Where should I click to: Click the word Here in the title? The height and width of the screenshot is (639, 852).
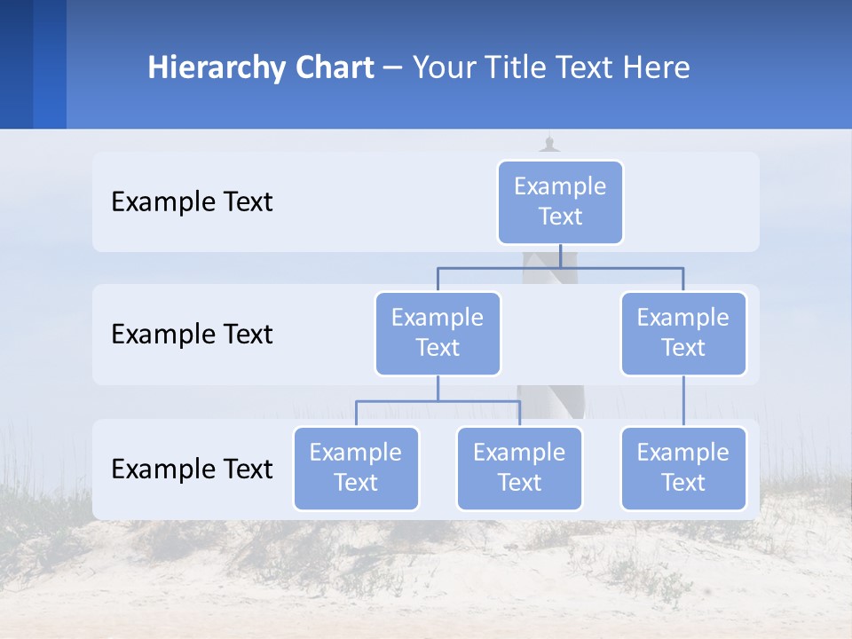[656, 68]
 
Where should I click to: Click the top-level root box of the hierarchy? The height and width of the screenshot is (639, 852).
[560, 201]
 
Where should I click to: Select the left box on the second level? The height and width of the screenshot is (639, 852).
[438, 333]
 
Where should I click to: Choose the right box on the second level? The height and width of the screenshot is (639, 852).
[683, 333]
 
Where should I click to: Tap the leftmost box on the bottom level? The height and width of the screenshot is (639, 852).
[356, 468]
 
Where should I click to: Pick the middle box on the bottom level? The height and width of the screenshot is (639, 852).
[519, 468]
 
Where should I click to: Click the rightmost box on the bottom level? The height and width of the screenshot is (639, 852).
[683, 468]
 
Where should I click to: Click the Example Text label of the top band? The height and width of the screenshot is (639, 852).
[192, 202]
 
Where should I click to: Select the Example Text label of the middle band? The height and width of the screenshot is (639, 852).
[192, 335]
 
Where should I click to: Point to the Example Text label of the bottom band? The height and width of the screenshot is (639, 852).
[192, 469]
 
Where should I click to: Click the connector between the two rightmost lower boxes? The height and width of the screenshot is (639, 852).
[683, 401]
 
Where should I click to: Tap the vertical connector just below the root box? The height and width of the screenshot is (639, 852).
[560, 256]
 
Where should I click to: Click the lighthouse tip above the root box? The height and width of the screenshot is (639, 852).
[550, 142]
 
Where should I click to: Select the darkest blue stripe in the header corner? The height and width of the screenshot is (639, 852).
[16, 64]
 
